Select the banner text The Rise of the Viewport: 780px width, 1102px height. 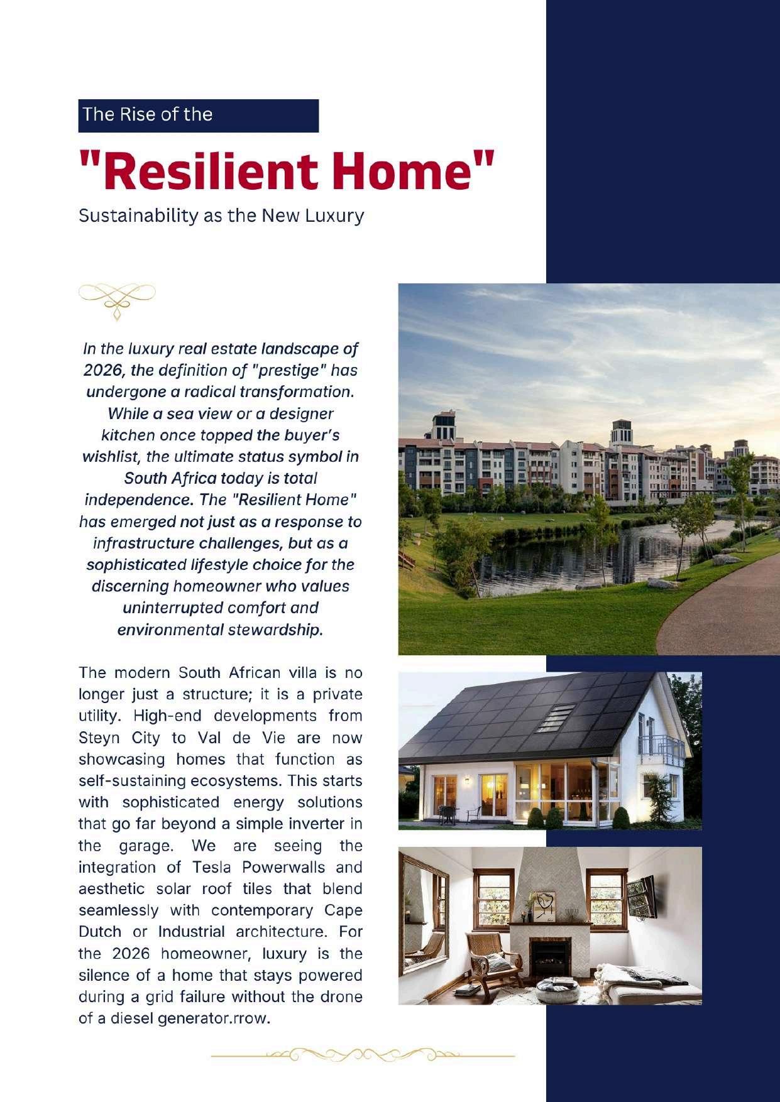(148, 114)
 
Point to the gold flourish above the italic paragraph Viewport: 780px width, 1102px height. (117, 300)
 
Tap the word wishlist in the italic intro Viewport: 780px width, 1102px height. (111, 456)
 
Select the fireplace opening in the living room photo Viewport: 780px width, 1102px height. (550, 957)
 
